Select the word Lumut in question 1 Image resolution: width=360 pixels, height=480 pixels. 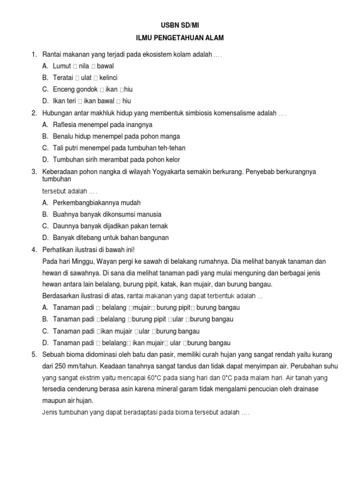click(62, 66)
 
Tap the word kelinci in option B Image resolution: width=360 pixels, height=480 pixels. click(108, 77)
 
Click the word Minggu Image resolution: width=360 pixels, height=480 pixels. click(81, 261)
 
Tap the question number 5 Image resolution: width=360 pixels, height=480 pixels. click(34, 354)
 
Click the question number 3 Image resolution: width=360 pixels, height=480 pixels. click(34, 172)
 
